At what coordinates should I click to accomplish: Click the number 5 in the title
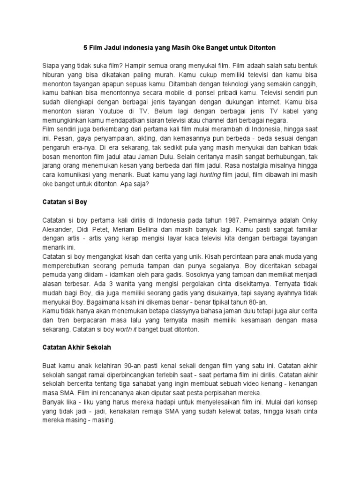pyautogui.click(x=85, y=48)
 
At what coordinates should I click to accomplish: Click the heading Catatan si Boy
pyautogui.click(x=66, y=202)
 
